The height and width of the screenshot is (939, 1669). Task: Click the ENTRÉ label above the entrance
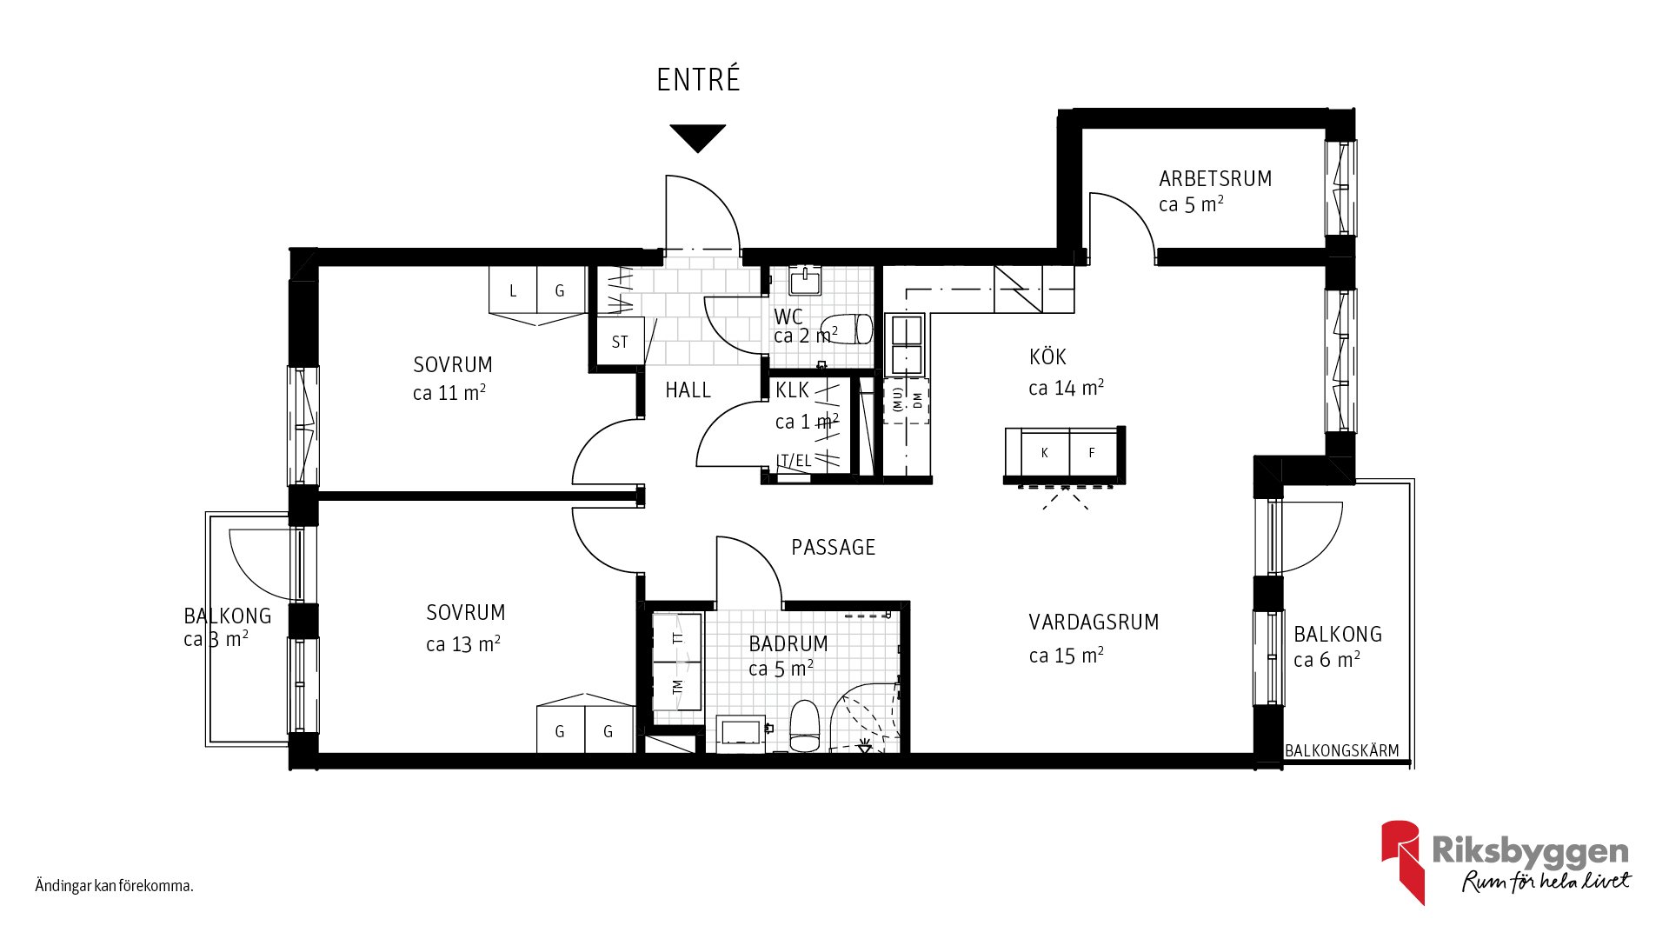coord(698,79)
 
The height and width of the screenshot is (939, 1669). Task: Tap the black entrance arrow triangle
coord(697,137)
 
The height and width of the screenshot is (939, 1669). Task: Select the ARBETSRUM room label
coord(1215,179)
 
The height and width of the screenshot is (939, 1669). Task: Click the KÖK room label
coord(1047,356)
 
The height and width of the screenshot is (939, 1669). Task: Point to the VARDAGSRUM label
coord(1094,623)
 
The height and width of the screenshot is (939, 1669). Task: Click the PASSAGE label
coord(833,548)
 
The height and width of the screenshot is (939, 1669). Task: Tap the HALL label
coord(688,390)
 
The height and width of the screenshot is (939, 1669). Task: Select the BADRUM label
coord(788,643)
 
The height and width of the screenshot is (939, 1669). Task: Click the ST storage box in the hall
coord(619,342)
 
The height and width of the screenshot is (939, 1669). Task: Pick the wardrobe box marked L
coord(513,290)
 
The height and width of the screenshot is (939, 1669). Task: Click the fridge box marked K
coord(1044,452)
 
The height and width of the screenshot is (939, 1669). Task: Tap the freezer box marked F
coord(1092,452)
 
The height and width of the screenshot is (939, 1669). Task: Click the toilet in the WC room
coord(847,329)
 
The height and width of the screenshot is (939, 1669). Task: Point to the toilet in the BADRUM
coord(805,726)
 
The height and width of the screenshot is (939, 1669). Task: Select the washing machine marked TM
coord(677,686)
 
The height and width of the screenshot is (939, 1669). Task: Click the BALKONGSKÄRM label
coord(1342,750)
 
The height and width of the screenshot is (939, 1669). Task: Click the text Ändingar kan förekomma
coord(114,886)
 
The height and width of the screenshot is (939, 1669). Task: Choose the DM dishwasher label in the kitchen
coord(917,400)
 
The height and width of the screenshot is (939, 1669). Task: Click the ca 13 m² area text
coord(463,644)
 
